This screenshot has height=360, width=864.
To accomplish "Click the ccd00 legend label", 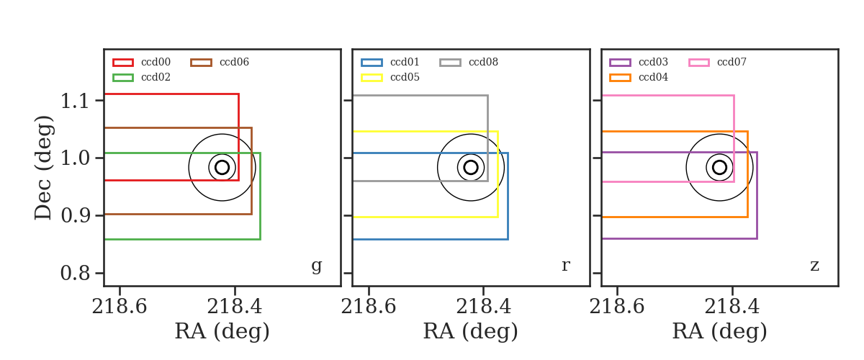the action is (x=156, y=62).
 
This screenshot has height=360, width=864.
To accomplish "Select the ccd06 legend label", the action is (x=234, y=62).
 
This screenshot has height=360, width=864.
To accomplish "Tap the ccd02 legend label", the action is (x=156, y=77).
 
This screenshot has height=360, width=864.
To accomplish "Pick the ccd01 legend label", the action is (x=405, y=62).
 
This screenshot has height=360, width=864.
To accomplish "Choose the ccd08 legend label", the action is (x=483, y=62).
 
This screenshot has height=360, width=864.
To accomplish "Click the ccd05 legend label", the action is (x=405, y=77).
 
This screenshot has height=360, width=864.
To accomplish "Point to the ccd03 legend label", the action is (x=653, y=62).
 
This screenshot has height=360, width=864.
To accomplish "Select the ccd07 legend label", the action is (x=732, y=62).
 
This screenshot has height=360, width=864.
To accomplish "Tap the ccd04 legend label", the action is (x=653, y=77).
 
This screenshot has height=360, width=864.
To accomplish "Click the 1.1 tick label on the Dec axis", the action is (x=75, y=101).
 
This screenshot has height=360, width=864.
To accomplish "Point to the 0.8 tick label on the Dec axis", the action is (x=75, y=274).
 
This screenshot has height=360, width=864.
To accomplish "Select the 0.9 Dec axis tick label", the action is (x=75, y=216).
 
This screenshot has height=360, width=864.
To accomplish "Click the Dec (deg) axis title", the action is (x=43, y=168).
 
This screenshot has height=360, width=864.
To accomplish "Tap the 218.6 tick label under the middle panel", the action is (x=369, y=307).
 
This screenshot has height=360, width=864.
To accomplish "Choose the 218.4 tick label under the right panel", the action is (x=732, y=307).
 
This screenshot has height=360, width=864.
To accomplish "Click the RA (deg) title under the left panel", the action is (x=222, y=331).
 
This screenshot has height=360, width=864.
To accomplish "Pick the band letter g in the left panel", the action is (x=316, y=266).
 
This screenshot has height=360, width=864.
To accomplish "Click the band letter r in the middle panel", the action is (x=565, y=266).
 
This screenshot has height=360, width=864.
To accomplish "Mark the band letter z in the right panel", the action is (x=814, y=266).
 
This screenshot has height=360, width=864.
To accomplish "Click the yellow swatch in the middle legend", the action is (x=372, y=78).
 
